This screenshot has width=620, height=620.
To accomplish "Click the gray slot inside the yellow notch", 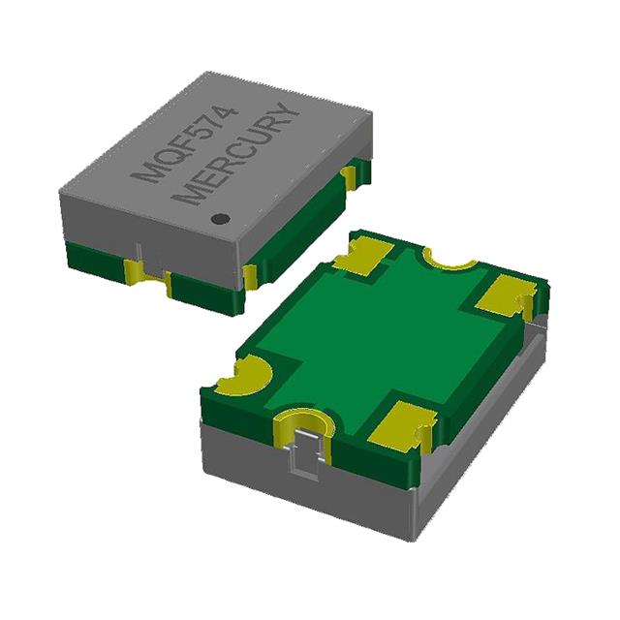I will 306,453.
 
